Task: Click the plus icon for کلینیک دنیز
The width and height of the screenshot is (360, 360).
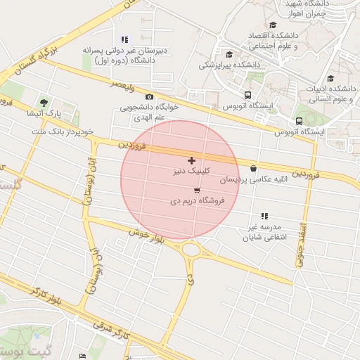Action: point(191,161)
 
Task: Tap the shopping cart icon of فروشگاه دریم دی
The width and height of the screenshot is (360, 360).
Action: point(196,191)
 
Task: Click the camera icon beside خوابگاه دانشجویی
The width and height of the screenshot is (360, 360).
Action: point(149,97)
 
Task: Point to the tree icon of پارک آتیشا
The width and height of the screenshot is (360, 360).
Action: point(44,103)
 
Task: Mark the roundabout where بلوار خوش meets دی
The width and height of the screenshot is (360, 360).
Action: point(191,249)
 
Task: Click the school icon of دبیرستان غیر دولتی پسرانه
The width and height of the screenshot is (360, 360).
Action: point(124,40)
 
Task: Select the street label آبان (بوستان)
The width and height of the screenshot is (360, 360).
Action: point(89,181)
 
